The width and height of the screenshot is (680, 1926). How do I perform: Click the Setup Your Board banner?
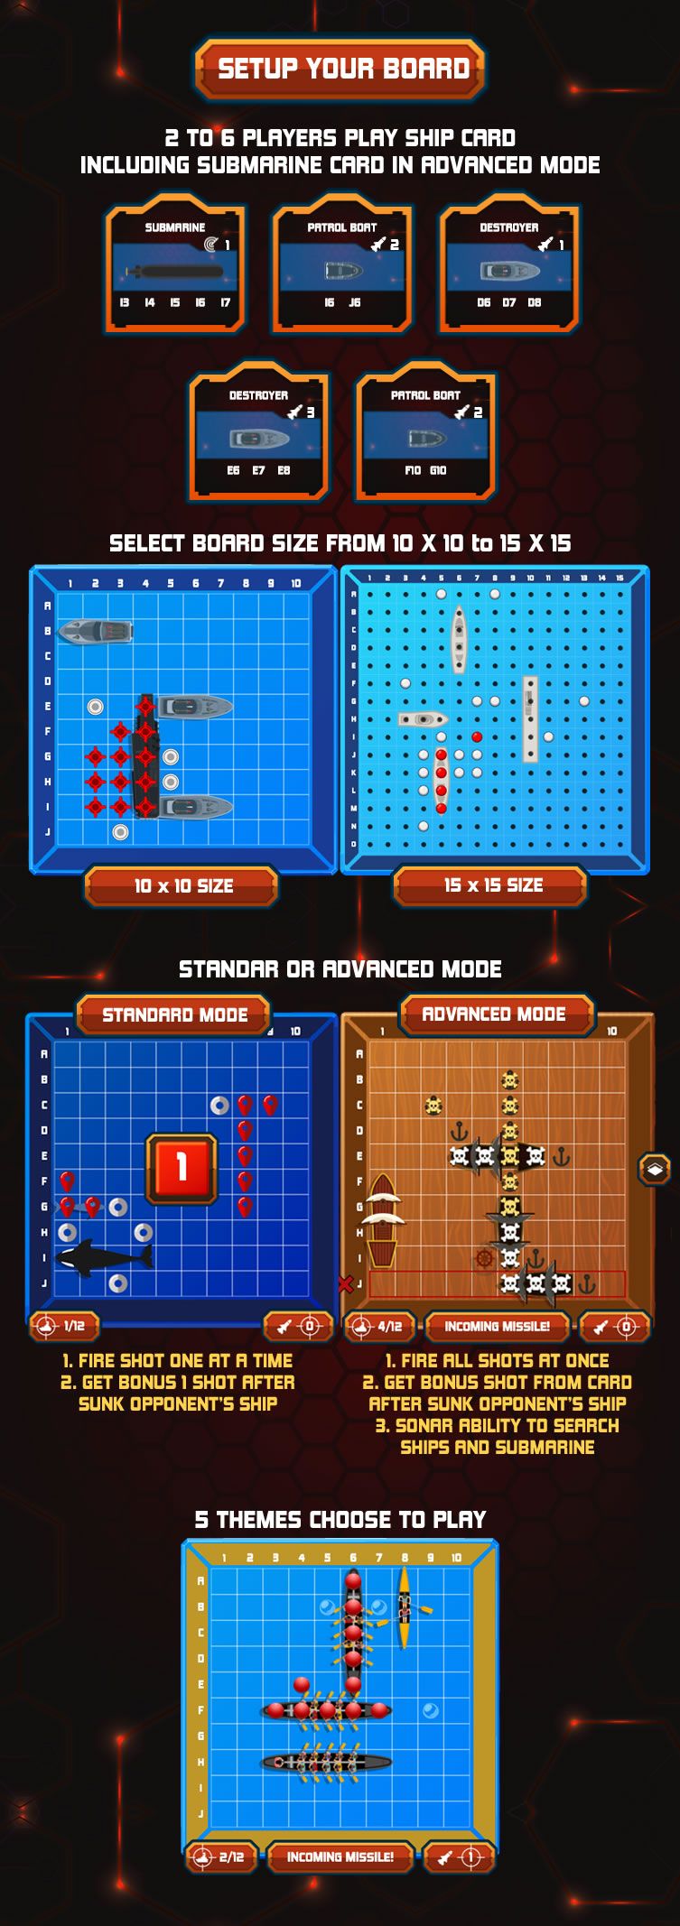[340, 69]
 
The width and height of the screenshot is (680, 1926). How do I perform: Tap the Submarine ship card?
[175, 264]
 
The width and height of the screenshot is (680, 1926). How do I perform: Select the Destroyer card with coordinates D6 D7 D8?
[509, 264]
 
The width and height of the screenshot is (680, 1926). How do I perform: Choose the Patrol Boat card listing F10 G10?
[425, 432]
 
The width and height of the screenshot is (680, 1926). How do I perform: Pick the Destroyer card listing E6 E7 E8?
[258, 432]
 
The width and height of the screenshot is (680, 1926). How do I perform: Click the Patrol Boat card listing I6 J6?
[342, 264]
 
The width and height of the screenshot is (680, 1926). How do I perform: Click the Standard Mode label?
[174, 1015]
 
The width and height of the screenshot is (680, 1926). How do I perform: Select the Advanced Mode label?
[494, 1014]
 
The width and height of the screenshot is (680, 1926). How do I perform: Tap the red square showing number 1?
[182, 1168]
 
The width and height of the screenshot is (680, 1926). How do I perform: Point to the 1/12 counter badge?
[64, 1326]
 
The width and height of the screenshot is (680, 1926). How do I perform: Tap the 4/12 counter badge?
[379, 1326]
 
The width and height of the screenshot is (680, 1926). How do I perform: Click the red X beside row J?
[345, 1283]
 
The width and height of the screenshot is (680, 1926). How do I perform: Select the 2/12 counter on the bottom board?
[221, 1857]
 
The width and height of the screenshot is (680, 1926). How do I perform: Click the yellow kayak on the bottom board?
[405, 1608]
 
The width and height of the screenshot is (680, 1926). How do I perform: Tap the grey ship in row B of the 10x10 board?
[95, 632]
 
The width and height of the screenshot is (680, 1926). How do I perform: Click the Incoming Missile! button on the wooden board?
[497, 1326]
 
